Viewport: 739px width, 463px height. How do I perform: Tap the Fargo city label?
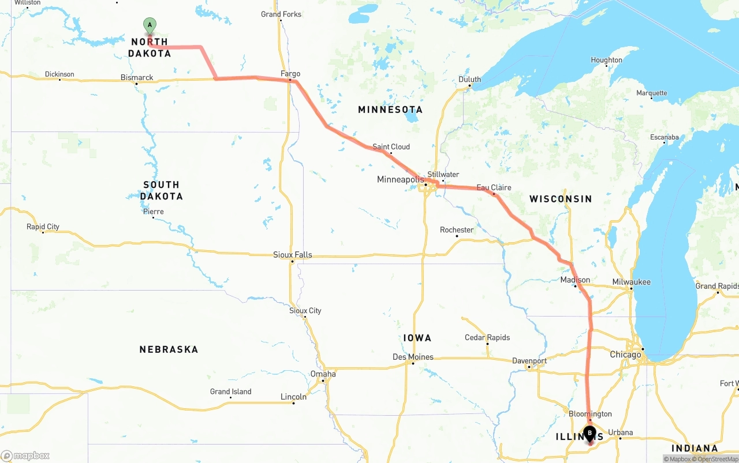290,74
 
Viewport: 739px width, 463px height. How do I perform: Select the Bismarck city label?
137,77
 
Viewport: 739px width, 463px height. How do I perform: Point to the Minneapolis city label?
400,179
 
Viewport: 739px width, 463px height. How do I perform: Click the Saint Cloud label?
391,146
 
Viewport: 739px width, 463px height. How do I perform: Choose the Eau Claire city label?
494,187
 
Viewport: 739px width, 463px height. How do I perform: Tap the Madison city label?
575,280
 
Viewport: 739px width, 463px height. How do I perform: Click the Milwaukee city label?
631,282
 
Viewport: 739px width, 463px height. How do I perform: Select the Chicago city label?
625,355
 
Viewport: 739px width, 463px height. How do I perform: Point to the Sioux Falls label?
293,254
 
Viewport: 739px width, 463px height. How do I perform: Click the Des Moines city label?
413,357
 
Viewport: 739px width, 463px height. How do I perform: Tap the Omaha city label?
323,374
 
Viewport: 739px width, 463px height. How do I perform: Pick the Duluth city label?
469,80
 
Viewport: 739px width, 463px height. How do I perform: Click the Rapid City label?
43,227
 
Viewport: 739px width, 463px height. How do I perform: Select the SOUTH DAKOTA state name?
161,190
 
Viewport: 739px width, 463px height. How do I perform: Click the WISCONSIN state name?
561,199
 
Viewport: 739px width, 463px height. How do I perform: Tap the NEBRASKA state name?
169,349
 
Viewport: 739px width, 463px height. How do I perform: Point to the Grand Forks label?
281,14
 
